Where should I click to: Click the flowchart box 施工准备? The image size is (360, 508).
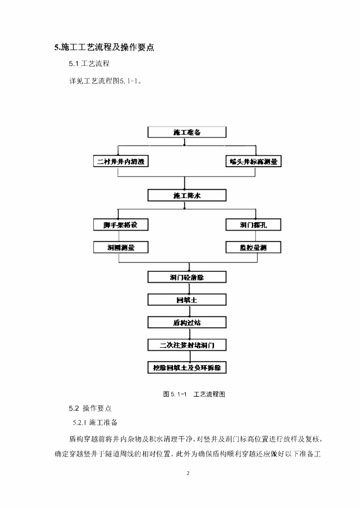[187, 132]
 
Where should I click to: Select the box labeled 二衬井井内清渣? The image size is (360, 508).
[121, 162]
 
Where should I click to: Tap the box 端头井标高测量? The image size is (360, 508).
[253, 162]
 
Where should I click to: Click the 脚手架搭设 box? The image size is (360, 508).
[121, 225]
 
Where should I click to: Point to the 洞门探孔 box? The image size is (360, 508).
[253, 225]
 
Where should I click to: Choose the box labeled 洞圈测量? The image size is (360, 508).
[121, 247]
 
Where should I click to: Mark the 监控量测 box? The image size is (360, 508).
[253, 247]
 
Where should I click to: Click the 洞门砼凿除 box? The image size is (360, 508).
[187, 277]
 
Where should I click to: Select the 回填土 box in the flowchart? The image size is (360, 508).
[187, 300]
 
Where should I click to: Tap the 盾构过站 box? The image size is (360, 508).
[187, 322]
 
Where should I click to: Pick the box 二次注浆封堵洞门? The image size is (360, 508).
[187, 345]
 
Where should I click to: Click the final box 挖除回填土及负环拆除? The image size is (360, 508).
[187, 368]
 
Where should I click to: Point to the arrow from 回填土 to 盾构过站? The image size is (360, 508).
[187, 311]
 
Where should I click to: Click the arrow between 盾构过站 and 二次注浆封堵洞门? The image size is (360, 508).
[187, 333]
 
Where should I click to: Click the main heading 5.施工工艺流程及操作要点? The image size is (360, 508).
[104, 48]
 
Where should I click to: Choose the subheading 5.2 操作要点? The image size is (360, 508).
[90, 408]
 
